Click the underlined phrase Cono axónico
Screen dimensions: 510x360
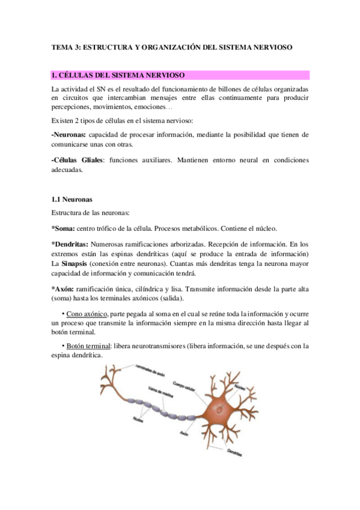click(x=87, y=314)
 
